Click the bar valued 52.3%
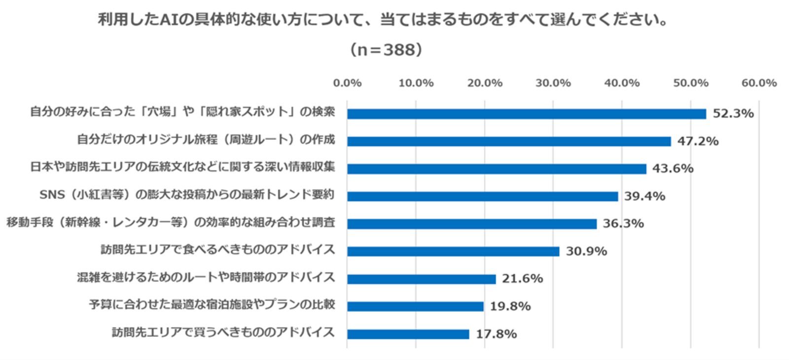[x=526, y=114]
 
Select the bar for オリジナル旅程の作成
[x=509, y=142]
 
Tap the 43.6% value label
[x=673, y=169]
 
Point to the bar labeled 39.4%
[x=482, y=196]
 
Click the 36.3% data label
[x=623, y=224]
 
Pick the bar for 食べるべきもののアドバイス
[x=453, y=252]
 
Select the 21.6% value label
[x=522, y=279]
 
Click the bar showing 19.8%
[x=415, y=306]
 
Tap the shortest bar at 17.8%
[x=408, y=334]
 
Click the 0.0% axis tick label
[x=347, y=83]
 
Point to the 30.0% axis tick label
[x=553, y=83]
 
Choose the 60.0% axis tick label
[x=759, y=83]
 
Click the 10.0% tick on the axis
[x=416, y=83]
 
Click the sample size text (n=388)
[x=386, y=49]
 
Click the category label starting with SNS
[x=187, y=195]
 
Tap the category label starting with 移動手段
[x=171, y=222]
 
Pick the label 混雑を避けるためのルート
[x=206, y=277]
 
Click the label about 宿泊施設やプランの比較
[x=212, y=305]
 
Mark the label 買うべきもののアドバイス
[x=223, y=332]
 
